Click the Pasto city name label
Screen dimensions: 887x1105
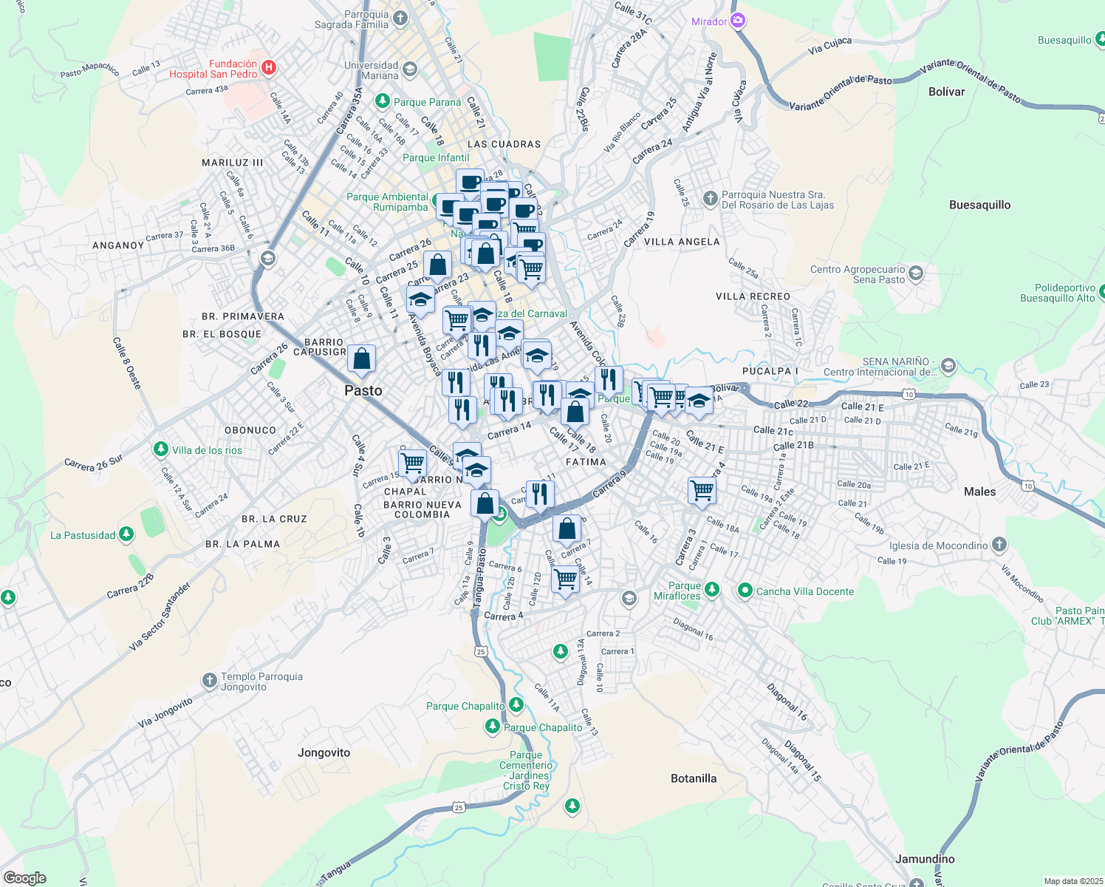tap(363, 391)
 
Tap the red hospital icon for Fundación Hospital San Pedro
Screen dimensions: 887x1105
tap(269, 68)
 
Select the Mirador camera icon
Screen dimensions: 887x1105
tap(737, 21)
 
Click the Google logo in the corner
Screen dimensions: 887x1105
tap(24, 877)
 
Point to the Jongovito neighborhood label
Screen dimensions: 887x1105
tap(324, 752)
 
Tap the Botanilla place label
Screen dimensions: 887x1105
tap(693, 778)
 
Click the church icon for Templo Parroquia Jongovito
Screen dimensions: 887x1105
tap(210, 680)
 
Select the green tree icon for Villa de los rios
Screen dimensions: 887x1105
tap(160, 449)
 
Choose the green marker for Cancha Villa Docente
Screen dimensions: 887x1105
tap(745, 591)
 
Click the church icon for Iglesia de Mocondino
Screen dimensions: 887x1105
tap(999, 545)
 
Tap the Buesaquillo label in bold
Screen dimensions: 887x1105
tap(979, 205)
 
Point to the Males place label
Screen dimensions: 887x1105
tap(979, 492)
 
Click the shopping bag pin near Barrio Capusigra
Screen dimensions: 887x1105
tap(362, 359)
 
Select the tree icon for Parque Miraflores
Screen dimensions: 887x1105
tap(712, 589)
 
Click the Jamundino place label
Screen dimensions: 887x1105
tap(924, 859)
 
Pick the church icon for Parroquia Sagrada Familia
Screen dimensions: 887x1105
tap(400, 18)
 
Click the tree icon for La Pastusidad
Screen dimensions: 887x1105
tap(126, 534)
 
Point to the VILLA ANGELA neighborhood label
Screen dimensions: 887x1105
tap(681, 242)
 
